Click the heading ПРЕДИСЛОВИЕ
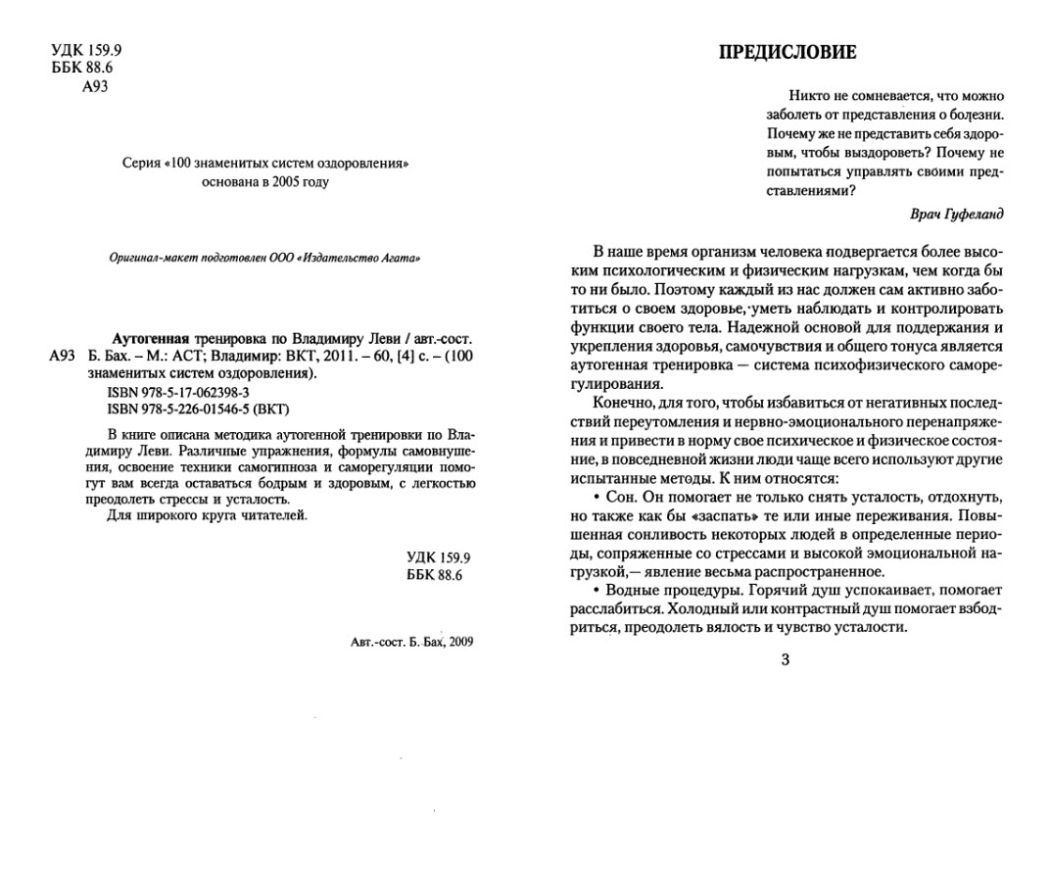[x=787, y=52]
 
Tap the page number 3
[x=785, y=659]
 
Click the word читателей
[x=275, y=515]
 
